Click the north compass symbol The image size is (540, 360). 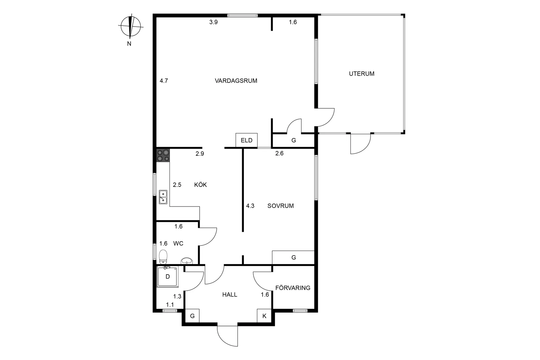pos(131,26)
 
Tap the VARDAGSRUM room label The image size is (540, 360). pos(236,81)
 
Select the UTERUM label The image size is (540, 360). pos(362,74)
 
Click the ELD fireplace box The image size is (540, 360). pos(246,140)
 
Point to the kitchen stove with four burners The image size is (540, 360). pos(163,155)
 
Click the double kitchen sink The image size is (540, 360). pos(163,197)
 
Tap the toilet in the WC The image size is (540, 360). pos(163,257)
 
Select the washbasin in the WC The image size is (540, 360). pos(187,261)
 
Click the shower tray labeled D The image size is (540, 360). pos(168,277)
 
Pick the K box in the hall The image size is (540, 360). pos(264,316)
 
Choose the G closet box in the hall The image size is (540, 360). pos(192,316)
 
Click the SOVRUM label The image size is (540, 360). pos(280,206)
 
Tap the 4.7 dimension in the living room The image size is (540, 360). pos(164,81)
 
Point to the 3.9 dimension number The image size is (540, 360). pos(213,22)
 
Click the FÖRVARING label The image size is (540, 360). pos(293,288)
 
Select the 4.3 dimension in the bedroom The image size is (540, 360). pos(250,206)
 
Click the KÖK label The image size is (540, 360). pos(201,185)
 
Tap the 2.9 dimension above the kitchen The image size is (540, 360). pos(200,153)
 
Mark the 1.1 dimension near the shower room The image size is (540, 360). pos(170,305)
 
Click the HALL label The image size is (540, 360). pos(230,295)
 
